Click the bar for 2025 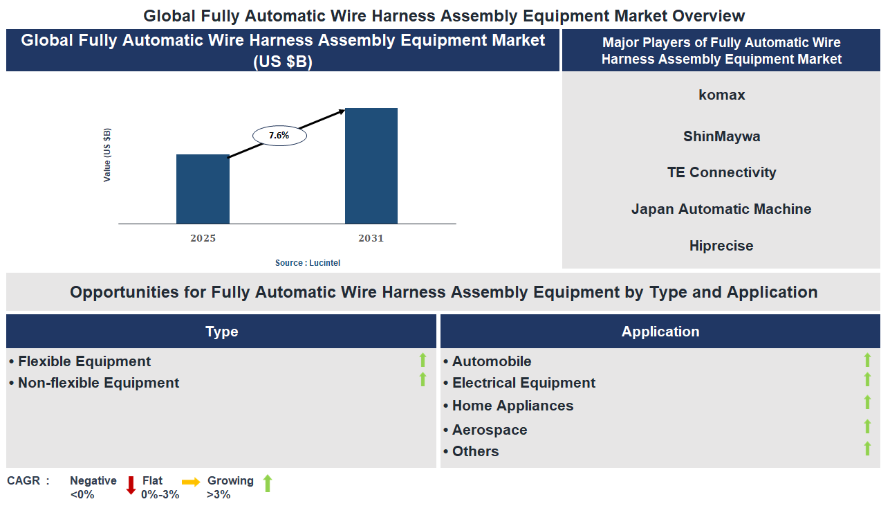click(203, 189)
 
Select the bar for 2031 click(371, 166)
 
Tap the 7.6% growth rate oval click(279, 136)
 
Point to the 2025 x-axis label click(203, 238)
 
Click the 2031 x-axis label click(371, 238)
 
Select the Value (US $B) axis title click(107, 155)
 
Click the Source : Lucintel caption click(308, 263)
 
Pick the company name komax click(721, 95)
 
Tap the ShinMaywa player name click(721, 136)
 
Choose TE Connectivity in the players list click(721, 172)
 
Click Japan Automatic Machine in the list click(721, 209)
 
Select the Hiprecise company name click(721, 246)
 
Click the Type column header click(221, 332)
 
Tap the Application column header click(660, 332)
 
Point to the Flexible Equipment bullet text click(84, 361)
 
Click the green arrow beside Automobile click(867, 360)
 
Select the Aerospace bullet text click(489, 430)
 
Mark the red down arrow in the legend click(131, 485)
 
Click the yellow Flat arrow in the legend click(191, 482)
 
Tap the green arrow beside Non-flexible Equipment click(423, 379)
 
